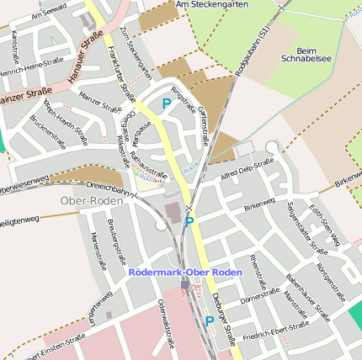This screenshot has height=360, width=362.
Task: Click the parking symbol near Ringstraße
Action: click(x=166, y=103)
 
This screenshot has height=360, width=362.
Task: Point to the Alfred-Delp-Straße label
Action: click(x=247, y=169)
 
